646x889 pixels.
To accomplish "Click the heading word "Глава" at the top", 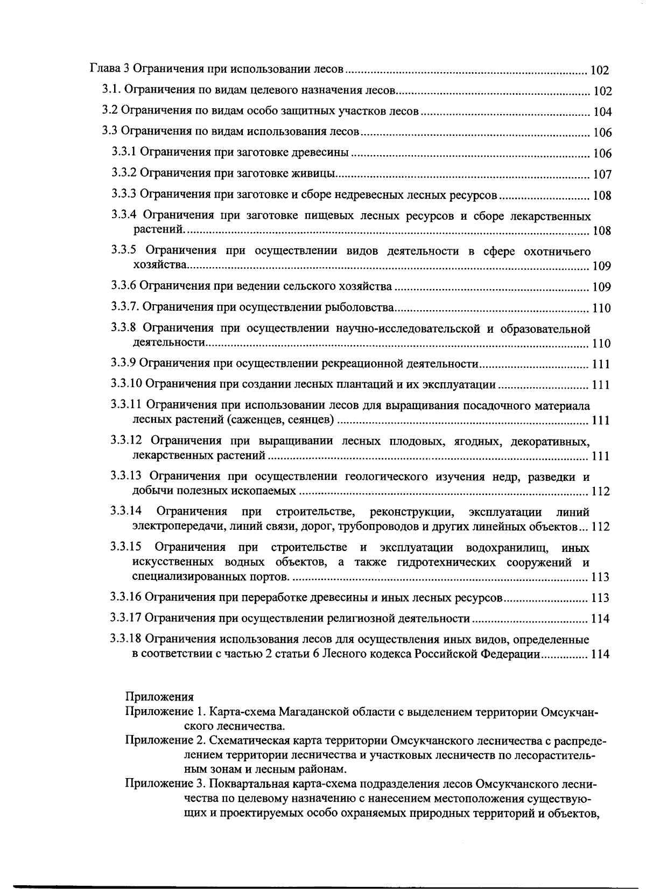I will (x=102, y=70).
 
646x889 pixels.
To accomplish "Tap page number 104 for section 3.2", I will (x=602, y=112).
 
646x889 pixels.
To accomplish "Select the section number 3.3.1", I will (x=124, y=153).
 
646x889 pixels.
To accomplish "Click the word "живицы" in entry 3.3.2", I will (x=319, y=173).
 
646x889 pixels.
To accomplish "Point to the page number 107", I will (x=602, y=174).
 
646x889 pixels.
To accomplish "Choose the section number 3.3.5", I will (x=125, y=251).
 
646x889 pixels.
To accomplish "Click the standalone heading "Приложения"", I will (x=152, y=697).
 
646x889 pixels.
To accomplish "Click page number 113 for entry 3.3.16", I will (x=600, y=598).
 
